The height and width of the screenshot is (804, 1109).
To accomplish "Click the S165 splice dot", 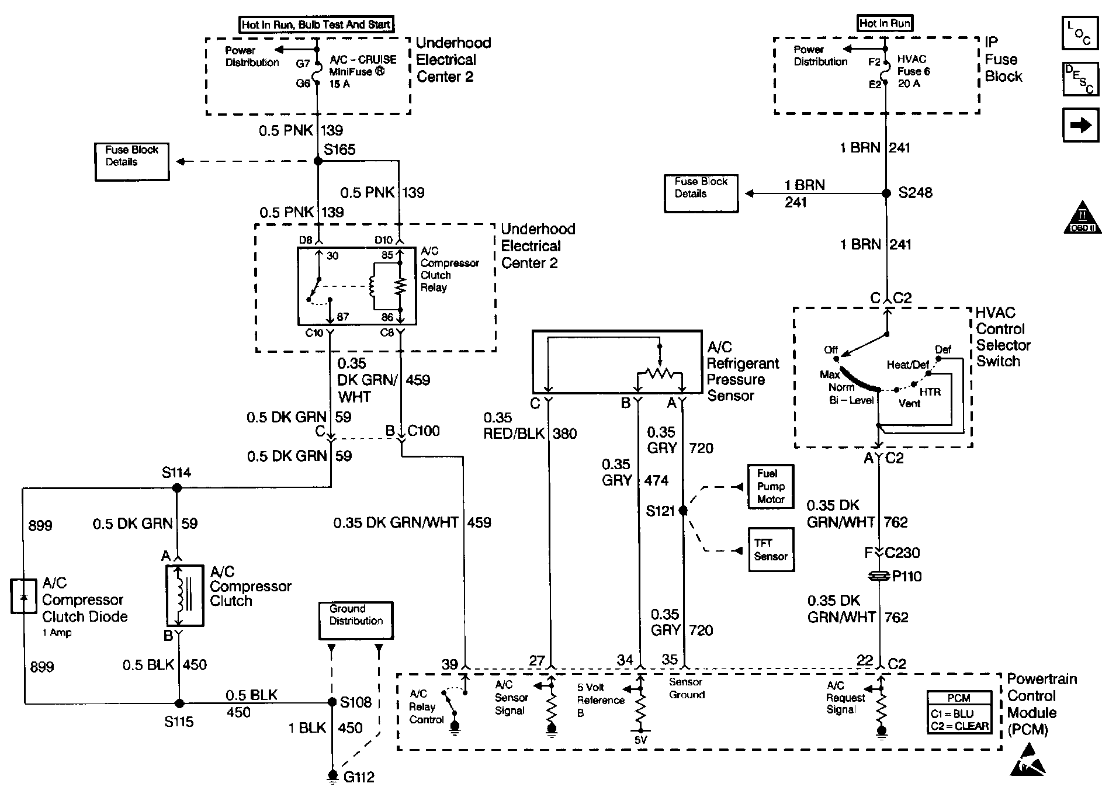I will coord(318,161).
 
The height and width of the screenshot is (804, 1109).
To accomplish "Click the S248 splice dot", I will coord(886,193).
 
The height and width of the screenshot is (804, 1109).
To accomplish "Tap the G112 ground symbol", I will coord(332,776).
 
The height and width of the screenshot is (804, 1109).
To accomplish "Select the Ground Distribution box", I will coord(356,620).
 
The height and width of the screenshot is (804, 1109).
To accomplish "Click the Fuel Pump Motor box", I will coord(771,487).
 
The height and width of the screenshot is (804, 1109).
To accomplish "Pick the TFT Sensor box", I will coord(771,550).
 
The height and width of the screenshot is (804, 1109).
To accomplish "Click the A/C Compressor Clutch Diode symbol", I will coord(23,596).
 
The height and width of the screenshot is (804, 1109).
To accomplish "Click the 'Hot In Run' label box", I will coord(885,23).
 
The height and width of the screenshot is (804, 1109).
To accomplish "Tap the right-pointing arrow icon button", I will coord(1080,125).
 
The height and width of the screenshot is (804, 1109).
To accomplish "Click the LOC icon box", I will coord(1080,33).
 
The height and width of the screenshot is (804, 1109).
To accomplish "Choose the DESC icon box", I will coord(1080,79).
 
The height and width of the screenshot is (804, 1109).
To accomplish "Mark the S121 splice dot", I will coord(683,511).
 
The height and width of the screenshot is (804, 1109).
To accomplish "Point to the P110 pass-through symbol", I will coord(879,577).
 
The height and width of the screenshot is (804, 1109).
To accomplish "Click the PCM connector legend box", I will coord(959,712).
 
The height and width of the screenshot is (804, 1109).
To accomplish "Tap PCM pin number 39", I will coord(449,664).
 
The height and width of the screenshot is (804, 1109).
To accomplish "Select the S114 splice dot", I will coord(178,487).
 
